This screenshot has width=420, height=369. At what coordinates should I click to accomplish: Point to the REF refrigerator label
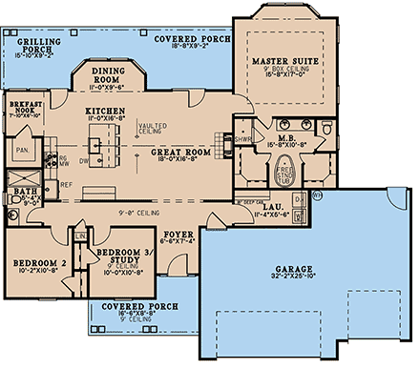click(x=68, y=185)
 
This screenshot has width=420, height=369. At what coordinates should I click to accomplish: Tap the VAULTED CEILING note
click(x=153, y=127)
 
